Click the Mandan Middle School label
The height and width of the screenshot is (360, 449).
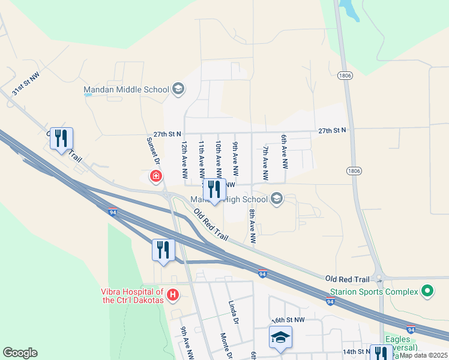126,90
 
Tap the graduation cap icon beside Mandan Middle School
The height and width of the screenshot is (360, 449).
178,90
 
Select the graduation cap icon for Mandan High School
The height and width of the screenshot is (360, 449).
277,199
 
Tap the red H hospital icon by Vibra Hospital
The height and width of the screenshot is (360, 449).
173,295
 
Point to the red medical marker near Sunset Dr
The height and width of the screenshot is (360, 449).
155,176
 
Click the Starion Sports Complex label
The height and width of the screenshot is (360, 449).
373,292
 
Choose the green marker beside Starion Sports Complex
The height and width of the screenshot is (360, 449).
427,292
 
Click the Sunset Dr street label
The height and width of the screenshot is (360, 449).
154,152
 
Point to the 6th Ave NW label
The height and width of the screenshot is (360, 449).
285,151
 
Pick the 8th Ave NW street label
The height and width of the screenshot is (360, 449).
253,225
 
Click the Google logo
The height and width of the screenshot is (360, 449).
20,353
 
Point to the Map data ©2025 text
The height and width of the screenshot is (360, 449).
423,355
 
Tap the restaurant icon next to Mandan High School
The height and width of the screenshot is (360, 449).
214,190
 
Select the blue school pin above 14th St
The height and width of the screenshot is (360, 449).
280,337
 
